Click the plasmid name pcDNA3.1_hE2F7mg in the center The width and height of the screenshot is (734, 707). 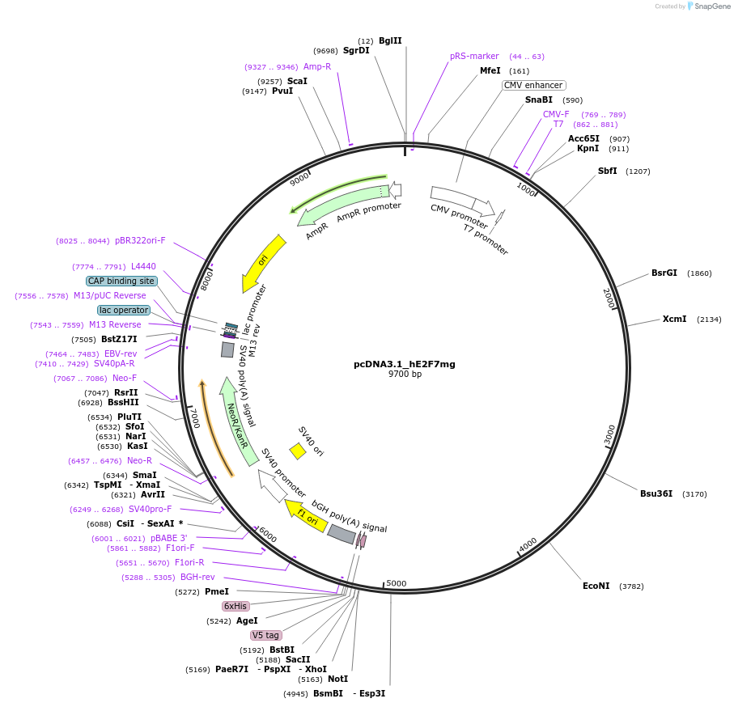click(404, 364)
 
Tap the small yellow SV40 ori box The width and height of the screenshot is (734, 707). click(298, 451)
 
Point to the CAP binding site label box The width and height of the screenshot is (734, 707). click(121, 281)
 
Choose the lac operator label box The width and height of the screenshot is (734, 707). click(124, 310)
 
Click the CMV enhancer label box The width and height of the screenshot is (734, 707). click(533, 85)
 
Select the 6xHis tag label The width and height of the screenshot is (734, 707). click(235, 606)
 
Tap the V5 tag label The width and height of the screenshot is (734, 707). click(265, 635)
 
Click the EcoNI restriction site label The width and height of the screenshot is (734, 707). click(596, 586)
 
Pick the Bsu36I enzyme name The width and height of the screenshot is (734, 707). click(656, 493)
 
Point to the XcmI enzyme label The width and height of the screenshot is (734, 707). click(674, 319)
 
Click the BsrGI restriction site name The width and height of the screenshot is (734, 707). click(664, 273)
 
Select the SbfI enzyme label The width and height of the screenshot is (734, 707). click(607, 171)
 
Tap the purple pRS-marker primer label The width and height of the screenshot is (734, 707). click(474, 57)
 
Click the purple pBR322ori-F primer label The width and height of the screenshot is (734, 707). click(140, 240)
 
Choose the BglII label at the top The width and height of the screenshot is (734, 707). click(390, 40)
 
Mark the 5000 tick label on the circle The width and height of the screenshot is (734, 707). click(397, 583)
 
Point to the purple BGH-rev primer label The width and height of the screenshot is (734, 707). click(197, 577)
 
